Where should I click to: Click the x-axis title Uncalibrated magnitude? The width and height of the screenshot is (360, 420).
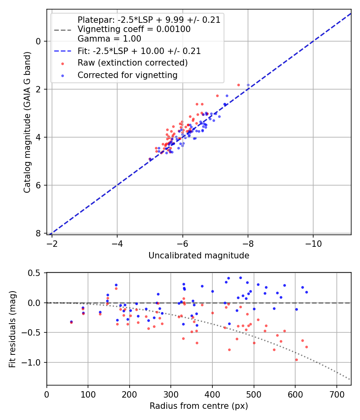199,256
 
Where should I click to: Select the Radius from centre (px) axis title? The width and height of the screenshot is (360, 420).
199,406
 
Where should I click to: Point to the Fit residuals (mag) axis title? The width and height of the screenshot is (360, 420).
12,328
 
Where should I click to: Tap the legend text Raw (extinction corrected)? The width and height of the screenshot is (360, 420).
132,63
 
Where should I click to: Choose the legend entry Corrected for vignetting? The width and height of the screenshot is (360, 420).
127,75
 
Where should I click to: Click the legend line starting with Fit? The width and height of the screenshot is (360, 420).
139,51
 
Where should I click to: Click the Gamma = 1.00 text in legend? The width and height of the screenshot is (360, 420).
109,39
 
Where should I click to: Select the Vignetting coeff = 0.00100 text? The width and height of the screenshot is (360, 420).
134,29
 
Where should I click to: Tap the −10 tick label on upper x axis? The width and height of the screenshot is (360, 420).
313,243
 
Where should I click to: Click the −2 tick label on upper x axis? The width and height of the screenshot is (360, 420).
52,243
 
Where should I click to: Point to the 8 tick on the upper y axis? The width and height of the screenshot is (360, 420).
38,233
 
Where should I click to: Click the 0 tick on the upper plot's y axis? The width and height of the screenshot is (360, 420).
38,41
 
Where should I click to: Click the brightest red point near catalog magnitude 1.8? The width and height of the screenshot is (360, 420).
238,85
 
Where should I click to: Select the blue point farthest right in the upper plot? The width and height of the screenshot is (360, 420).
248,85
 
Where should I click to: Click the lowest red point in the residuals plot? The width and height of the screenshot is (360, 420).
296,360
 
